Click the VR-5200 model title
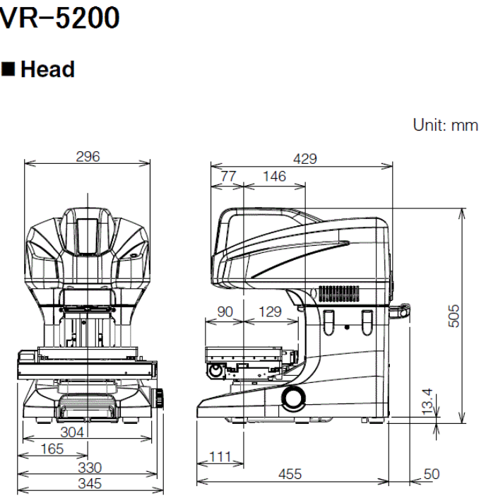tap(59, 18)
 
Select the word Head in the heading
tap(47, 69)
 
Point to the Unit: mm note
tap(445, 125)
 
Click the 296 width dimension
tap(88, 157)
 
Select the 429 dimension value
tap(304, 159)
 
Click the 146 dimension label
tap(274, 176)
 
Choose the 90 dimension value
tap(224, 311)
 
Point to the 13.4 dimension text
tap(429, 401)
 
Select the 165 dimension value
tap(52, 449)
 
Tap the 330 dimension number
tap(90, 467)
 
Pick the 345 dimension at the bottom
tap(90, 484)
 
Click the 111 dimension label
tap(220, 458)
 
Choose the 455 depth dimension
tap(290, 474)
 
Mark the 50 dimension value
tap(430, 474)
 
